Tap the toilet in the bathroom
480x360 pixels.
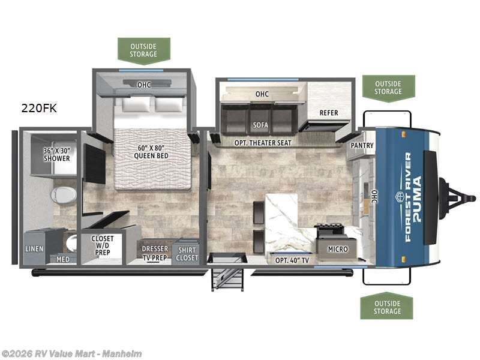coord(64,194)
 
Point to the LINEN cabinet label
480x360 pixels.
coord(34,248)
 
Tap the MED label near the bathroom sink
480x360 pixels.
coord(62,260)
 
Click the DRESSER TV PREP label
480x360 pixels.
coord(155,252)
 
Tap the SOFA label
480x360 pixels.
coord(260,125)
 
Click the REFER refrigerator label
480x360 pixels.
coord(329,112)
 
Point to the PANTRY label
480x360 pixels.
coord(362,145)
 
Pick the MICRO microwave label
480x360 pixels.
coord(337,248)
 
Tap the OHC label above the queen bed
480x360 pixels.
coord(143,85)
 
